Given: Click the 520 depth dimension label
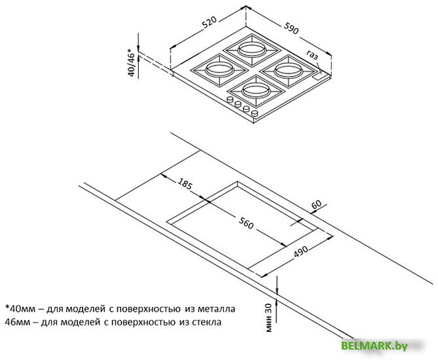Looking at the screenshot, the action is tap(210, 22).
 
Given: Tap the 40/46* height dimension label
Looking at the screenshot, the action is tap(131, 63).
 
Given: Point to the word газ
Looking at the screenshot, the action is tap(312, 55).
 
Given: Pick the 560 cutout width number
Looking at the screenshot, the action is tap(246, 223).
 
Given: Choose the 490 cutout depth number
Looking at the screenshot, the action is tap(301, 251).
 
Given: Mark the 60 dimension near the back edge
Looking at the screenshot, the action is tap(316, 204).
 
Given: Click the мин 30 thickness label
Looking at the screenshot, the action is tap(268, 317).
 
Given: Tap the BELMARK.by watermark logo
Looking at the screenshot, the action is tap(374, 346).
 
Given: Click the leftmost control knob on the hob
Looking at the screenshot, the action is tap(230, 99).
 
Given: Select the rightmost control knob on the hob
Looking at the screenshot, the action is tap(255, 113).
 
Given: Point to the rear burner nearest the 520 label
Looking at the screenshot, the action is tap(251, 50).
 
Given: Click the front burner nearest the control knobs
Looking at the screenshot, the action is tap(256, 90).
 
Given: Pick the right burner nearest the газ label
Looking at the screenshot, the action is tap(288, 71).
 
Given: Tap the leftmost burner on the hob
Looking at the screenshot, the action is tap(219, 69).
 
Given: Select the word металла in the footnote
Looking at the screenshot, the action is tap(217, 310).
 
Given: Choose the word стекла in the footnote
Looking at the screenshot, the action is tap(207, 322).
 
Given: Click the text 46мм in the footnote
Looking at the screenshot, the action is tap(17, 322).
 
